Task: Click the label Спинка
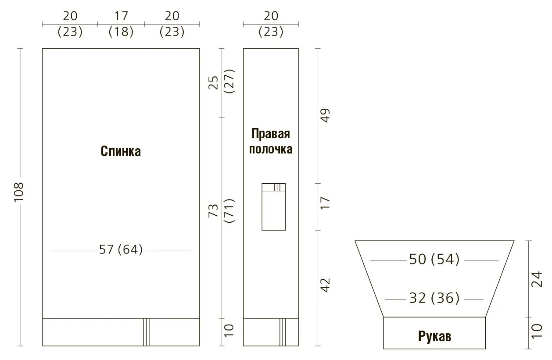[x=121, y=151]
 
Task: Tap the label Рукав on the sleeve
[x=434, y=336]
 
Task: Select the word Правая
[x=271, y=133]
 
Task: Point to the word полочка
[x=271, y=149]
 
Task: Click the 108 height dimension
[x=19, y=192]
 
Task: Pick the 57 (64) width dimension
[x=121, y=250]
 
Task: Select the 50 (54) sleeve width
[x=434, y=259]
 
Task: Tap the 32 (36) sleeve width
[x=434, y=298]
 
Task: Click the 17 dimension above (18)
[x=121, y=16]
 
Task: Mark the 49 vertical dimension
[x=325, y=115]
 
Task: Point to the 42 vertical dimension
[x=325, y=285]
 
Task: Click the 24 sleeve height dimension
[x=537, y=279]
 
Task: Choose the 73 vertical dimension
[x=213, y=210]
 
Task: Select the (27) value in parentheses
[x=229, y=81]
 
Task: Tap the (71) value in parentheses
[x=229, y=210]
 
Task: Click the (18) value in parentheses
[x=121, y=32]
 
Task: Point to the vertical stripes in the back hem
[x=147, y=332]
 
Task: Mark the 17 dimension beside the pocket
[x=325, y=203]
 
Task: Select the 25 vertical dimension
[x=213, y=83]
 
